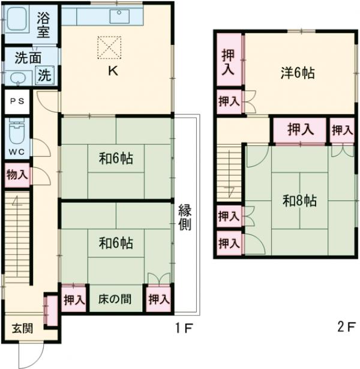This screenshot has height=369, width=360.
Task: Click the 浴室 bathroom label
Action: click(43, 22)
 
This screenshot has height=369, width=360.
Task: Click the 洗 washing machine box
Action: click(45, 76)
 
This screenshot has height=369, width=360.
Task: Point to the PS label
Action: click(16, 101)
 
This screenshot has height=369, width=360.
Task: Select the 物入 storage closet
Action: click(16, 175)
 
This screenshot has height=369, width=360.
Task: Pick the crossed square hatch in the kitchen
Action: click(110, 46)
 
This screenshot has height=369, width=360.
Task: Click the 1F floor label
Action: click(184, 329)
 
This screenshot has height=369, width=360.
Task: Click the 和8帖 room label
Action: click(300, 200)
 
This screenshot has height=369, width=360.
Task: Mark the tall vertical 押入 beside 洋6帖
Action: click(228, 62)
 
